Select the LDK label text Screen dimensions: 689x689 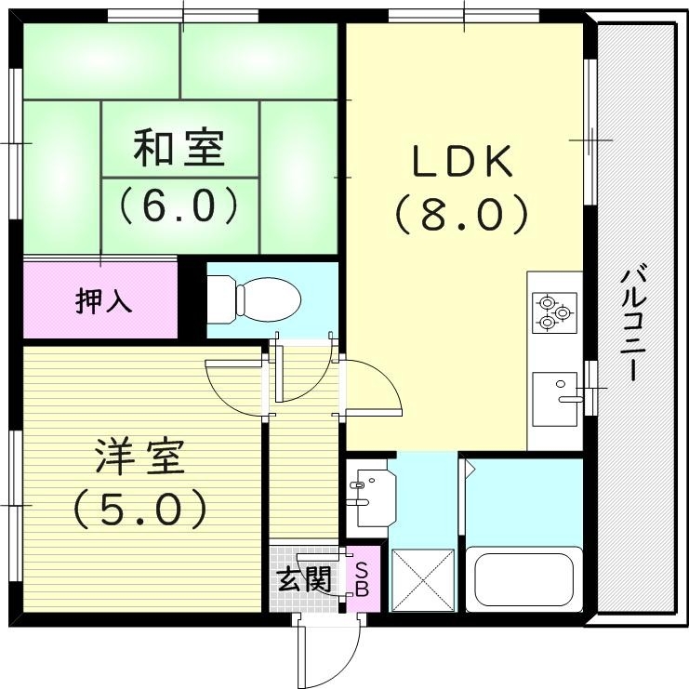tap(462, 164)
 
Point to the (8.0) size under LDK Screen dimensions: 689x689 tap(462, 216)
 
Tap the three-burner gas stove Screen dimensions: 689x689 tap(554, 311)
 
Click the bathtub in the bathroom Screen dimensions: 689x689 tap(523, 578)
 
